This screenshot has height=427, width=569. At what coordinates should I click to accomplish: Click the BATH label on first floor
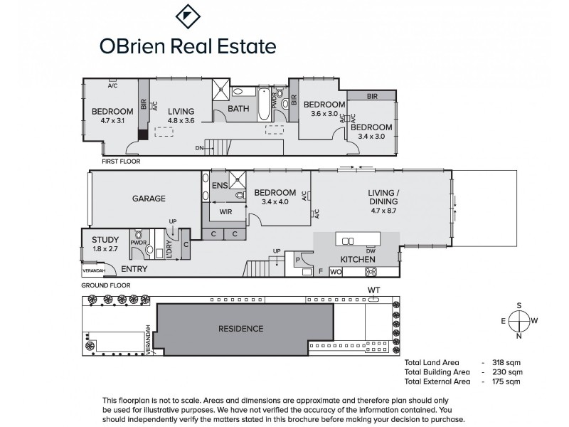coord(238,109)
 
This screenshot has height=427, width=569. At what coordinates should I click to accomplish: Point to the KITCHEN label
coord(358,260)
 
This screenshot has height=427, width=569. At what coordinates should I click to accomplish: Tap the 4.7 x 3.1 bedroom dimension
coord(112,121)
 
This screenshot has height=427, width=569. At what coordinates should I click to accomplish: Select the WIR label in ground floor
coord(227,211)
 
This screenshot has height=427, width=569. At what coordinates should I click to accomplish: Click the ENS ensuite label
coord(220,186)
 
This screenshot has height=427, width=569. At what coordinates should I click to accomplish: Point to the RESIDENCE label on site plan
coord(240,328)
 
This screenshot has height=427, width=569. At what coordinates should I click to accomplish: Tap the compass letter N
coord(519,336)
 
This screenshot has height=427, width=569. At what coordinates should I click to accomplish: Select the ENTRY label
coord(134,269)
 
